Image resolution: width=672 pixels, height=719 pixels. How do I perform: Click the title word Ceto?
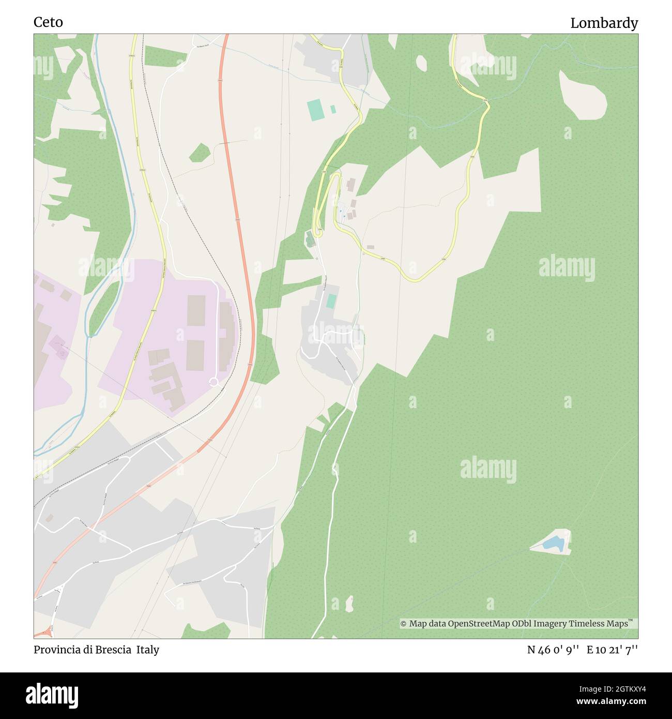pyautogui.click(x=48, y=22)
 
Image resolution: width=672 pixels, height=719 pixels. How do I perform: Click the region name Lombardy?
pyautogui.click(x=604, y=23)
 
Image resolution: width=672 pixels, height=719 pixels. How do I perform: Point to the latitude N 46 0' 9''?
pyautogui.click(x=553, y=650)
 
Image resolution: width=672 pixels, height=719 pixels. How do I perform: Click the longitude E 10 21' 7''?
pyautogui.click(x=612, y=650)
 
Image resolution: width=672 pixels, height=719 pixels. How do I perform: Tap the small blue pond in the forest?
pyautogui.click(x=553, y=543)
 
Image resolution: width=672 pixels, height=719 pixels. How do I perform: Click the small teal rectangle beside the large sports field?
pyautogui.click(x=333, y=109)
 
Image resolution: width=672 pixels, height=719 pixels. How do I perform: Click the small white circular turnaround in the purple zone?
pyautogui.click(x=213, y=382)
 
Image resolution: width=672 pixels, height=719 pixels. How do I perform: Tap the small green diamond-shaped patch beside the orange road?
pyautogui.click(x=200, y=153)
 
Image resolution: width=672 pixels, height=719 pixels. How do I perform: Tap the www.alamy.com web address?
pyautogui.click(x=601, y=702)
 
